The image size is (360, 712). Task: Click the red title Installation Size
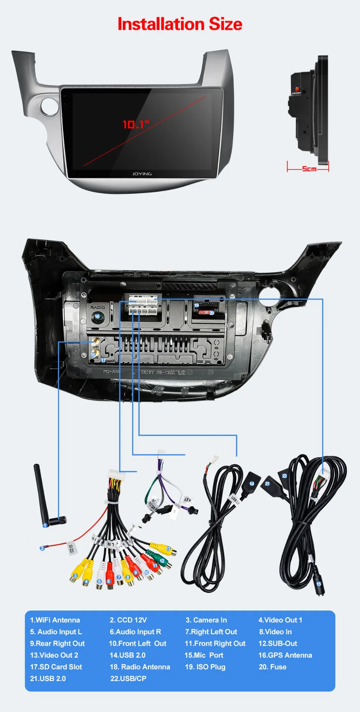(180, 24)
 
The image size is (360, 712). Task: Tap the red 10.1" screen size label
(136, 124)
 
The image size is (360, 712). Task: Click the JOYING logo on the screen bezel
(142, 174)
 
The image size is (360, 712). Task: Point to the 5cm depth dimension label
(309, 169)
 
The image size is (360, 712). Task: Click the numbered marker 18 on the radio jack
(97, 317)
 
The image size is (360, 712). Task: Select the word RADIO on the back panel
(98, 308)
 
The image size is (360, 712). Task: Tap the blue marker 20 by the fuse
(212, 313)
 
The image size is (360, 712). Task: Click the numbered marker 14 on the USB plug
(252, 484)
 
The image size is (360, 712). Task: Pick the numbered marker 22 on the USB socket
(284, 476)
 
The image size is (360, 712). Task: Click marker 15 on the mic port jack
(319, 584)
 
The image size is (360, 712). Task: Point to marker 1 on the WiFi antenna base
(45, 525)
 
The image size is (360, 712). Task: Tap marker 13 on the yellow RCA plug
(168, 549)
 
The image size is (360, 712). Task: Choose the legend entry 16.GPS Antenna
(285, 655)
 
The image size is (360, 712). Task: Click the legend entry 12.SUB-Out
(278, 643)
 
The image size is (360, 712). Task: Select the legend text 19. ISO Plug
(205, 667)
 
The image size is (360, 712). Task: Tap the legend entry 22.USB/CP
(128, 679)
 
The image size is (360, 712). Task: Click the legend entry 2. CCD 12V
(128, 620)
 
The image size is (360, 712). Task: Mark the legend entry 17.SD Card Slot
(56, 667)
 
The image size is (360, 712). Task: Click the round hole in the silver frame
(50, 105)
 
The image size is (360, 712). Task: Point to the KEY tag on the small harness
(187, 500)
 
